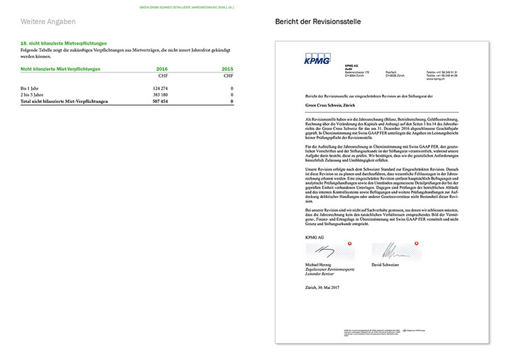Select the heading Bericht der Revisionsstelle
pos(318,23)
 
